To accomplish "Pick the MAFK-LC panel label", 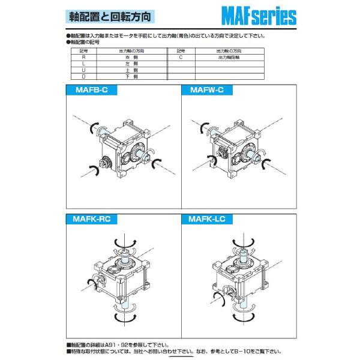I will pos(208,220).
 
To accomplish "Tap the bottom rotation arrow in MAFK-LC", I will pos(243,317).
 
